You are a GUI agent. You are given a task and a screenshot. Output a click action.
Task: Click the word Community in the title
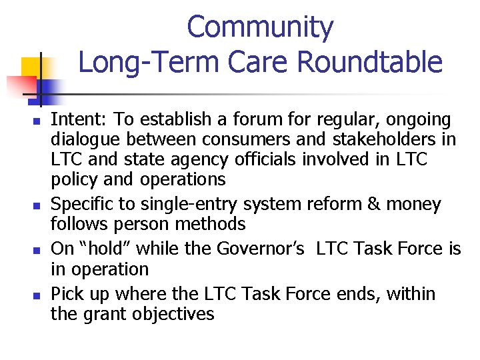click(x=260, y=28)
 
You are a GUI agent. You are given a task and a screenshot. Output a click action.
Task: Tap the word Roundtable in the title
click(x=369, y=62)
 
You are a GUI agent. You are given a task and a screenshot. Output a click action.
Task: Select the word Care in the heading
click(x=258, y=62)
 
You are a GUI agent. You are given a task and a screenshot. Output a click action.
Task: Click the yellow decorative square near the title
click(x=33, y=67)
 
